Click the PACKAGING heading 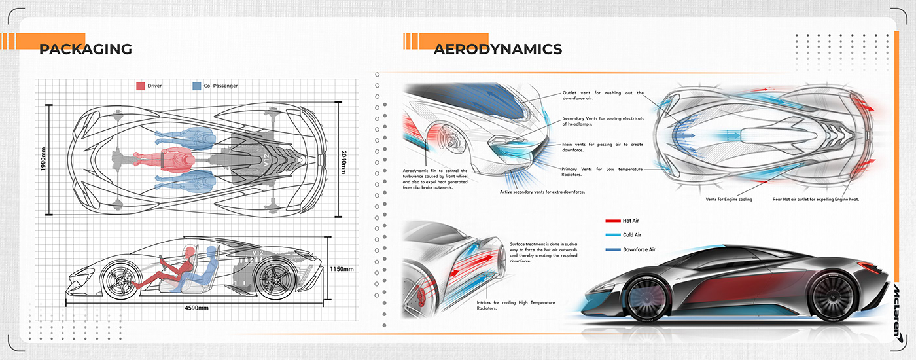[x=86, y=49]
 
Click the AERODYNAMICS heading [x=497, y=49]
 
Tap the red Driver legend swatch [x=140, y=86]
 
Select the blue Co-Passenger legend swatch [x=197, y=86]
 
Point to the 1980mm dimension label [x=43, y=159]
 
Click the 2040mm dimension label [x=345, y=159]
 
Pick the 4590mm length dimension [x=196, y=308]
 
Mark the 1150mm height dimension [x=342, y=269]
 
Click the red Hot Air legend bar [x=613, y=221]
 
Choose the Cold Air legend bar [x=613, y=235]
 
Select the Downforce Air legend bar [x=613, y=249]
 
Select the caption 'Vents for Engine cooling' [x=728, y=199]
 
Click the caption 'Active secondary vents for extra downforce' [x=542, y=192]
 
